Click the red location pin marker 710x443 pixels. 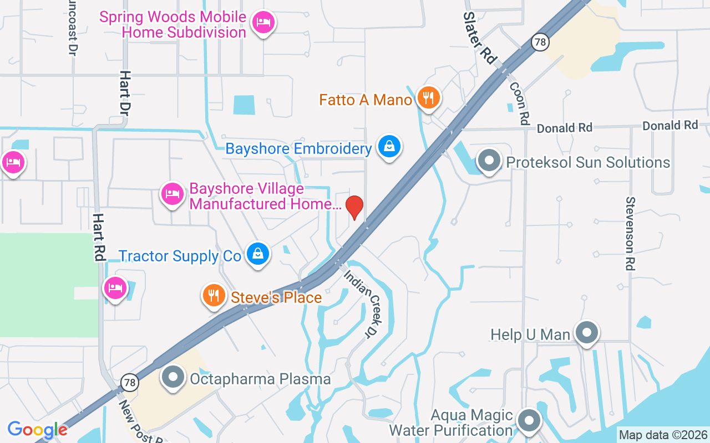tap(354, 207)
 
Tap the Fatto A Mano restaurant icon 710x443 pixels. tap(428, 98)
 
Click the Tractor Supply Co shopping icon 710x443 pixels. tap(257, 254)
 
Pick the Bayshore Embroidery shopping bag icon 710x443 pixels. tap(389, 147)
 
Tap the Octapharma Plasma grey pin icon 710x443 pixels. tap(173, 378)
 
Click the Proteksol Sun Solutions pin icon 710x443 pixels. tap(489, 161)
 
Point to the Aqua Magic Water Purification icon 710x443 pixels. tap(529, 421)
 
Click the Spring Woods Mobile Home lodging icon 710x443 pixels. tap(263, 23)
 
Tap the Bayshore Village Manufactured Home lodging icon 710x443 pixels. tap(173, 194)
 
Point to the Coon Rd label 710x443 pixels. tap(519, 103)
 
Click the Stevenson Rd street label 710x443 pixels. tap(630, 233)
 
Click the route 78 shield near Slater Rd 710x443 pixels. tap(539, 42)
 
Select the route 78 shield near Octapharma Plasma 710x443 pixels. tap(129, 382)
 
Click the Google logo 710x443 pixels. tap(38, 429)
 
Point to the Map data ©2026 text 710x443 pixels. tap(663, 435)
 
